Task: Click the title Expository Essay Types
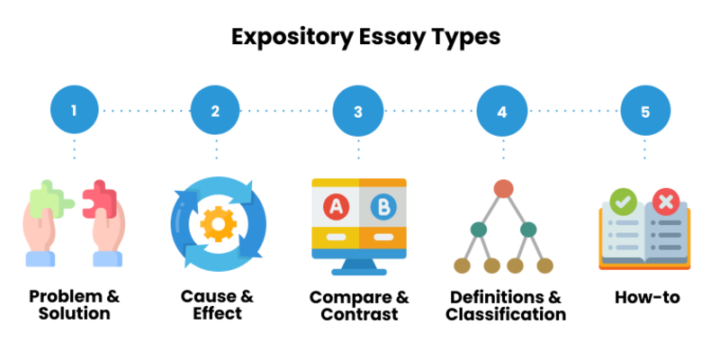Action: (360, 38)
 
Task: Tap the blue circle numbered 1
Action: (74, 112)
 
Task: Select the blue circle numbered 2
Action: (215, 112)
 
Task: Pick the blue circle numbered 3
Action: (358, 112)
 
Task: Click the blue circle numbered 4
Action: (502, 112)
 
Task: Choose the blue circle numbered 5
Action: (645, 112)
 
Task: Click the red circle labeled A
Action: (337, 208)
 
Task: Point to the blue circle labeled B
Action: (382, 208)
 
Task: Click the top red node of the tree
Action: (503, 188)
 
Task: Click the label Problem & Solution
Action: (74, 305)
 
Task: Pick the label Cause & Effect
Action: (216, 305)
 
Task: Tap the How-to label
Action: (646, 297)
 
